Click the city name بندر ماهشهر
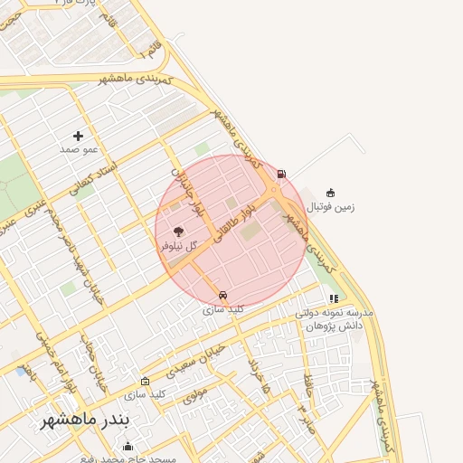(87, 422)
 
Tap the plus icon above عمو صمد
(79, 137)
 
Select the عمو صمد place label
(79, 149)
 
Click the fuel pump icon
(282, 174)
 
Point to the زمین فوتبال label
(331, 207)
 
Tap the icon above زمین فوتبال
(330, 192)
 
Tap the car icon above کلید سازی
(222, 295)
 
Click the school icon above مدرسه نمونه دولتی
(334, 298)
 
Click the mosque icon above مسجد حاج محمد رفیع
(128, 445)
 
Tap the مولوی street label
(194, 394)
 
